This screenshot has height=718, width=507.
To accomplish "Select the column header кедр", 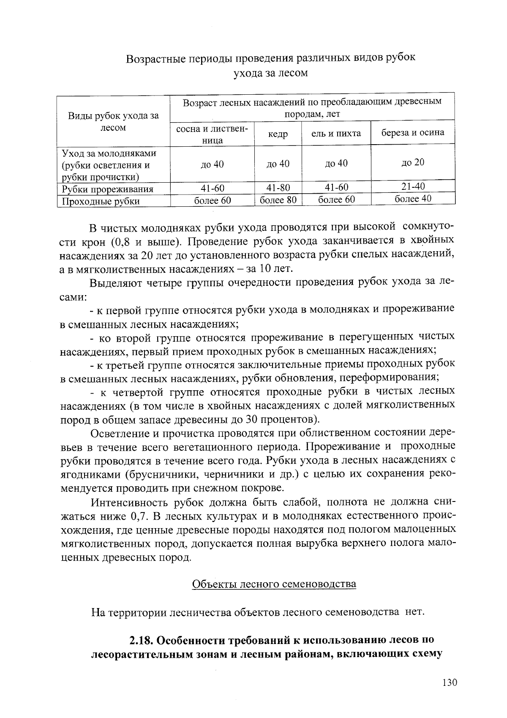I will (x=278, y=134).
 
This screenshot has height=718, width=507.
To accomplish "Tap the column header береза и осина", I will (x=413, y=132).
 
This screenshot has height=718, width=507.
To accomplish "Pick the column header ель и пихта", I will (x=336, y=134).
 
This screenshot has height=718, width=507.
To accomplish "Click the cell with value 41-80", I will (x=278, y=188).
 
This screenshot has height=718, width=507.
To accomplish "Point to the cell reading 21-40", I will (x=413, y=186).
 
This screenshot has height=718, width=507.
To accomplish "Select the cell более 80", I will (x=278, y=200).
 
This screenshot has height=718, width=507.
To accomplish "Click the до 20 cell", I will (x=413, y=162).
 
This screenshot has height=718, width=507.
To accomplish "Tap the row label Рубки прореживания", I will (x=107, y=189).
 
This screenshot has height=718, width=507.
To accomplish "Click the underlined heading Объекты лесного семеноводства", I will (x=274, y=584).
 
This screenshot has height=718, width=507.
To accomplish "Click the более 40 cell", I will (x=413, y=198).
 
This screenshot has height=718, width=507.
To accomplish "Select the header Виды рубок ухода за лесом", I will (x=113, y=121).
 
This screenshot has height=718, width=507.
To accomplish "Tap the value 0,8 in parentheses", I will (x=123, y=242).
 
